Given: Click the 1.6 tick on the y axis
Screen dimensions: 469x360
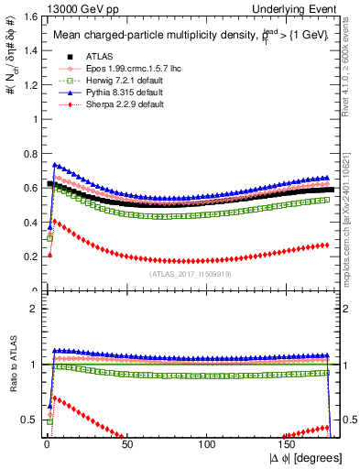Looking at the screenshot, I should [29, 16].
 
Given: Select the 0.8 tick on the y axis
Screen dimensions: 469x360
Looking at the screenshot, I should [29, 153].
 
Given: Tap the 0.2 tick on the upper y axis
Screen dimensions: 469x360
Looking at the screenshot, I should [29, 256].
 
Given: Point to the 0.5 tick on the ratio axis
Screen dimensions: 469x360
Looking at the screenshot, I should [29, 420].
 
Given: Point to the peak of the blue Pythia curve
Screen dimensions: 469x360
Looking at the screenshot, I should [54, 165].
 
